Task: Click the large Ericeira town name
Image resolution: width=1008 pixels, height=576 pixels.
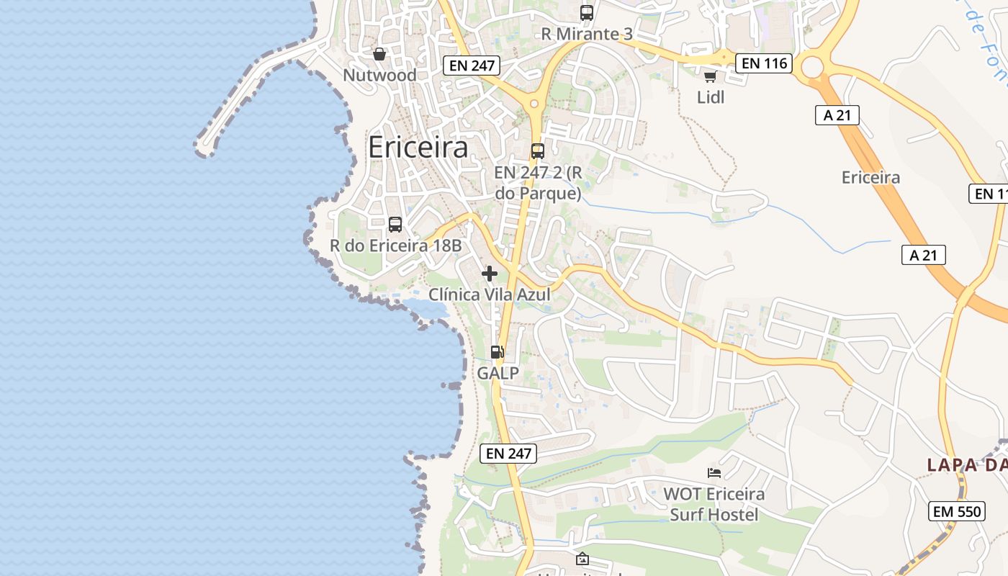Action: [x=418, y=148]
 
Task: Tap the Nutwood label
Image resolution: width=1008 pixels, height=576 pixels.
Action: [x=379, y=75]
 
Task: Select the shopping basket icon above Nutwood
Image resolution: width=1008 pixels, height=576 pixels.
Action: [x=379, y=54]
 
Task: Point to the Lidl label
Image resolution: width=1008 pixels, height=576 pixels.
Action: [x=711, y=97]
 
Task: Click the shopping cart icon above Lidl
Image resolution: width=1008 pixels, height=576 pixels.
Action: [x=711, y=76]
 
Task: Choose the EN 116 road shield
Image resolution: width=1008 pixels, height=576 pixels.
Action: [x=764, y=63]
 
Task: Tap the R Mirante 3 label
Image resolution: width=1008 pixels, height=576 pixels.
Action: [x=587, y=34]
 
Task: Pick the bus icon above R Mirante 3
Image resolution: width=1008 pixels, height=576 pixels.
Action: [x=587, y=13]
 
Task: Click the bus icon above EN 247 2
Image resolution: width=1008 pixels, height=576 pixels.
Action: [x=538, y=151]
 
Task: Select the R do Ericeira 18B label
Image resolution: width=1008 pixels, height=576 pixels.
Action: [x=395, y=246]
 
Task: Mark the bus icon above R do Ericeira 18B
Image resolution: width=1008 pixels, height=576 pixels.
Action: [x=395, y=225]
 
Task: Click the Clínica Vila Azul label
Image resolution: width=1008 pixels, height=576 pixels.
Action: [x=490, y=294]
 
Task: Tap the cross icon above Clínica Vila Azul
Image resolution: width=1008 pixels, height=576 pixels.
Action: [x=490, y=274]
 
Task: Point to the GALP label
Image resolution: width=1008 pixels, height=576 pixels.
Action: [x=498, y=373]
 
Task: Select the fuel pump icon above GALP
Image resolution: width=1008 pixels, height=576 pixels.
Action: [x=498, y=352]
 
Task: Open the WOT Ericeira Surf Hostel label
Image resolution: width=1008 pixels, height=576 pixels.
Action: [x=714, y=504]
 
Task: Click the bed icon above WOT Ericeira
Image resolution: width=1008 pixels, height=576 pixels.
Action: [x=714, y=473]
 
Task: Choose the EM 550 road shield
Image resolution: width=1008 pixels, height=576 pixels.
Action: [x=957, y=511]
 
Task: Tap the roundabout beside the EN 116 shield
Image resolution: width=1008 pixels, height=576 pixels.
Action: [x=812, y=68]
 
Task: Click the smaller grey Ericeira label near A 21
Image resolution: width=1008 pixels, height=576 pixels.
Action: [x=870, y=177]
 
